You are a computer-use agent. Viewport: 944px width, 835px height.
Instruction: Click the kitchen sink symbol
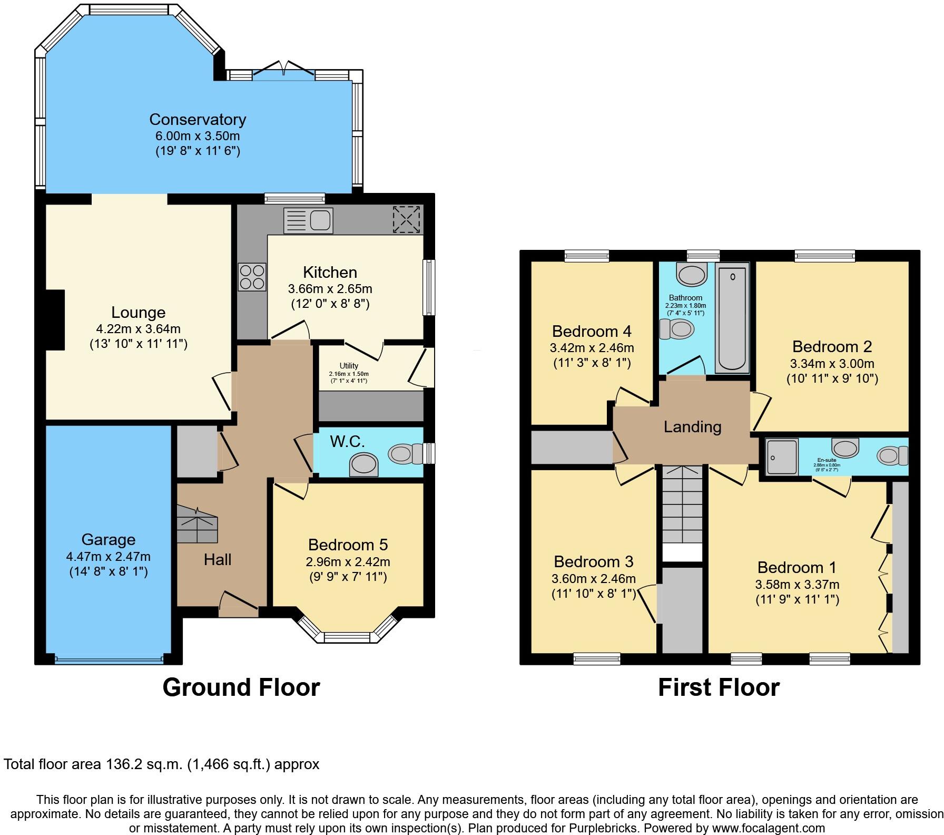[309, 220]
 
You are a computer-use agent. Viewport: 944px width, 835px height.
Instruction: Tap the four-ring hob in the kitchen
[252, 277]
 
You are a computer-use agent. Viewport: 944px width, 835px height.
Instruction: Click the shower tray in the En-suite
[781, 457]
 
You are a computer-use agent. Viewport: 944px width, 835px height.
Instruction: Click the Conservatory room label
[198, 120]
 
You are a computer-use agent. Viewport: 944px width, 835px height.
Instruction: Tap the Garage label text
[109, 539]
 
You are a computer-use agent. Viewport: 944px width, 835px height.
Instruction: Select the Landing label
[692, 426]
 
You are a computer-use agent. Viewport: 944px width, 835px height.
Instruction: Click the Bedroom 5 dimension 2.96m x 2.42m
[348, 561]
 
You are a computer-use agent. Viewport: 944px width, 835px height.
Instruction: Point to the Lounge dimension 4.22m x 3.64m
[138, 329]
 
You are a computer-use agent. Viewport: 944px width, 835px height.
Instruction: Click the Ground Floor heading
[241, 687]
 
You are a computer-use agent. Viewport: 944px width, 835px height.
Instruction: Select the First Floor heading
[719, 687]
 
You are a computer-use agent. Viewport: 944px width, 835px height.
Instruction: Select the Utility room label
[349, 365]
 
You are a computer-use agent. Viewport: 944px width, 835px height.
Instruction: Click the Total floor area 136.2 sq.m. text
[161, 764]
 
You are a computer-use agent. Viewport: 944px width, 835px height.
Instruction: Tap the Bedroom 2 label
[832, 346]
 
